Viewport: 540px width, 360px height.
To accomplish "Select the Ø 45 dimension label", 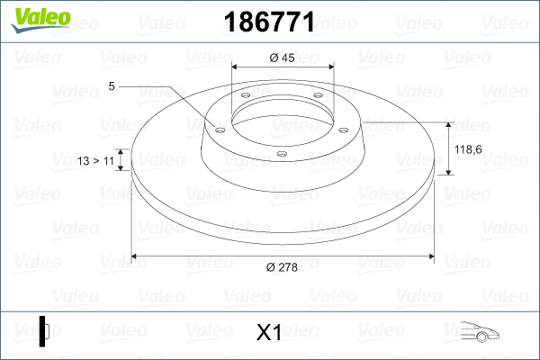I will pos(283,58).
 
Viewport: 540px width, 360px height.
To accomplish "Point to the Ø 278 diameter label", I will pos(283,266).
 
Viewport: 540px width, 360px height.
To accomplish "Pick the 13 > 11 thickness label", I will pos(96,160).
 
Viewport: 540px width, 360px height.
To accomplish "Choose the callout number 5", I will pos(112,86).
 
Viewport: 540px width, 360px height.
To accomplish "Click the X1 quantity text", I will pos(270,333).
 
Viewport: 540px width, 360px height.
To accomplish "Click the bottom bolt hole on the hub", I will pos(282,154).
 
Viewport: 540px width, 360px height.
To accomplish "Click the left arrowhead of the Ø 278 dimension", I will pos(136,256).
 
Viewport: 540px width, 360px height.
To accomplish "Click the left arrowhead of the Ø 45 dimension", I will pos(236,67).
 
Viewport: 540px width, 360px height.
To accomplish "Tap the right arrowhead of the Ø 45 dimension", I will pos(329,67).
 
